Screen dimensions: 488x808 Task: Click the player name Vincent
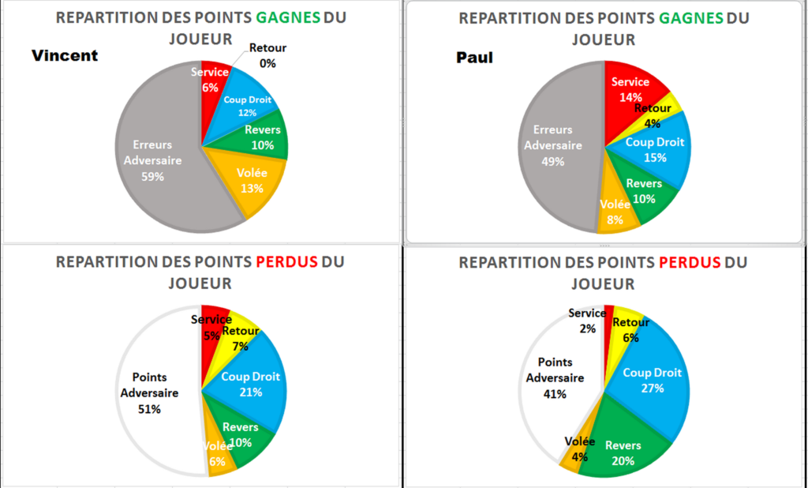point(65,55)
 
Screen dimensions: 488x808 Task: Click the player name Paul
point(474,57)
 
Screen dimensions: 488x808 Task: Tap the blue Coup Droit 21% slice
point(251,383)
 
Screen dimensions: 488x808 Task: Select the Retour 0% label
point(267,55)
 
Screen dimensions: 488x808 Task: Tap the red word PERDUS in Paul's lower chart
point(689,262)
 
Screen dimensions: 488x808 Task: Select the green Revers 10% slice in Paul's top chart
point(647,194)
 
